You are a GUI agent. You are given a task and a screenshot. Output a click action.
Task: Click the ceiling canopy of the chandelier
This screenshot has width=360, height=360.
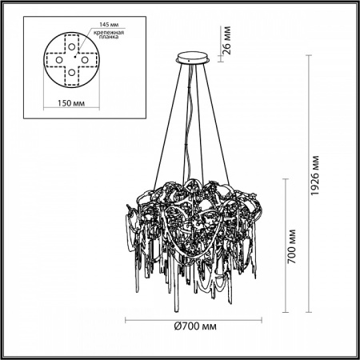coord(191,57)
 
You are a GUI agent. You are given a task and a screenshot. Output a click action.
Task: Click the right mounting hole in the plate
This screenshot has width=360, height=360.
coord(86,56)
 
